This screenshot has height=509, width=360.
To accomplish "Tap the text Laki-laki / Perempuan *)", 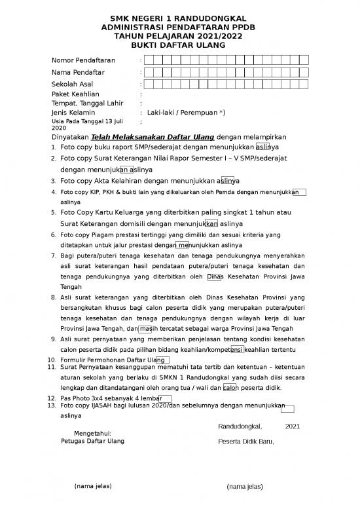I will coord(187,113).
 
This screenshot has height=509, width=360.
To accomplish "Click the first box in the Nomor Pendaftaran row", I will coord(150,60).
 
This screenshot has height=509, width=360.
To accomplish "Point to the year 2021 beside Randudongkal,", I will coord(293,426).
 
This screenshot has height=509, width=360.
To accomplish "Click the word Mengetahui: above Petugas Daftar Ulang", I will coord(92,434).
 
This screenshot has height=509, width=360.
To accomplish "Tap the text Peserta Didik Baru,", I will coord(246,442).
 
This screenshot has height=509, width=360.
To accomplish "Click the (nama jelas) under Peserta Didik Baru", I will coord(244,487).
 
